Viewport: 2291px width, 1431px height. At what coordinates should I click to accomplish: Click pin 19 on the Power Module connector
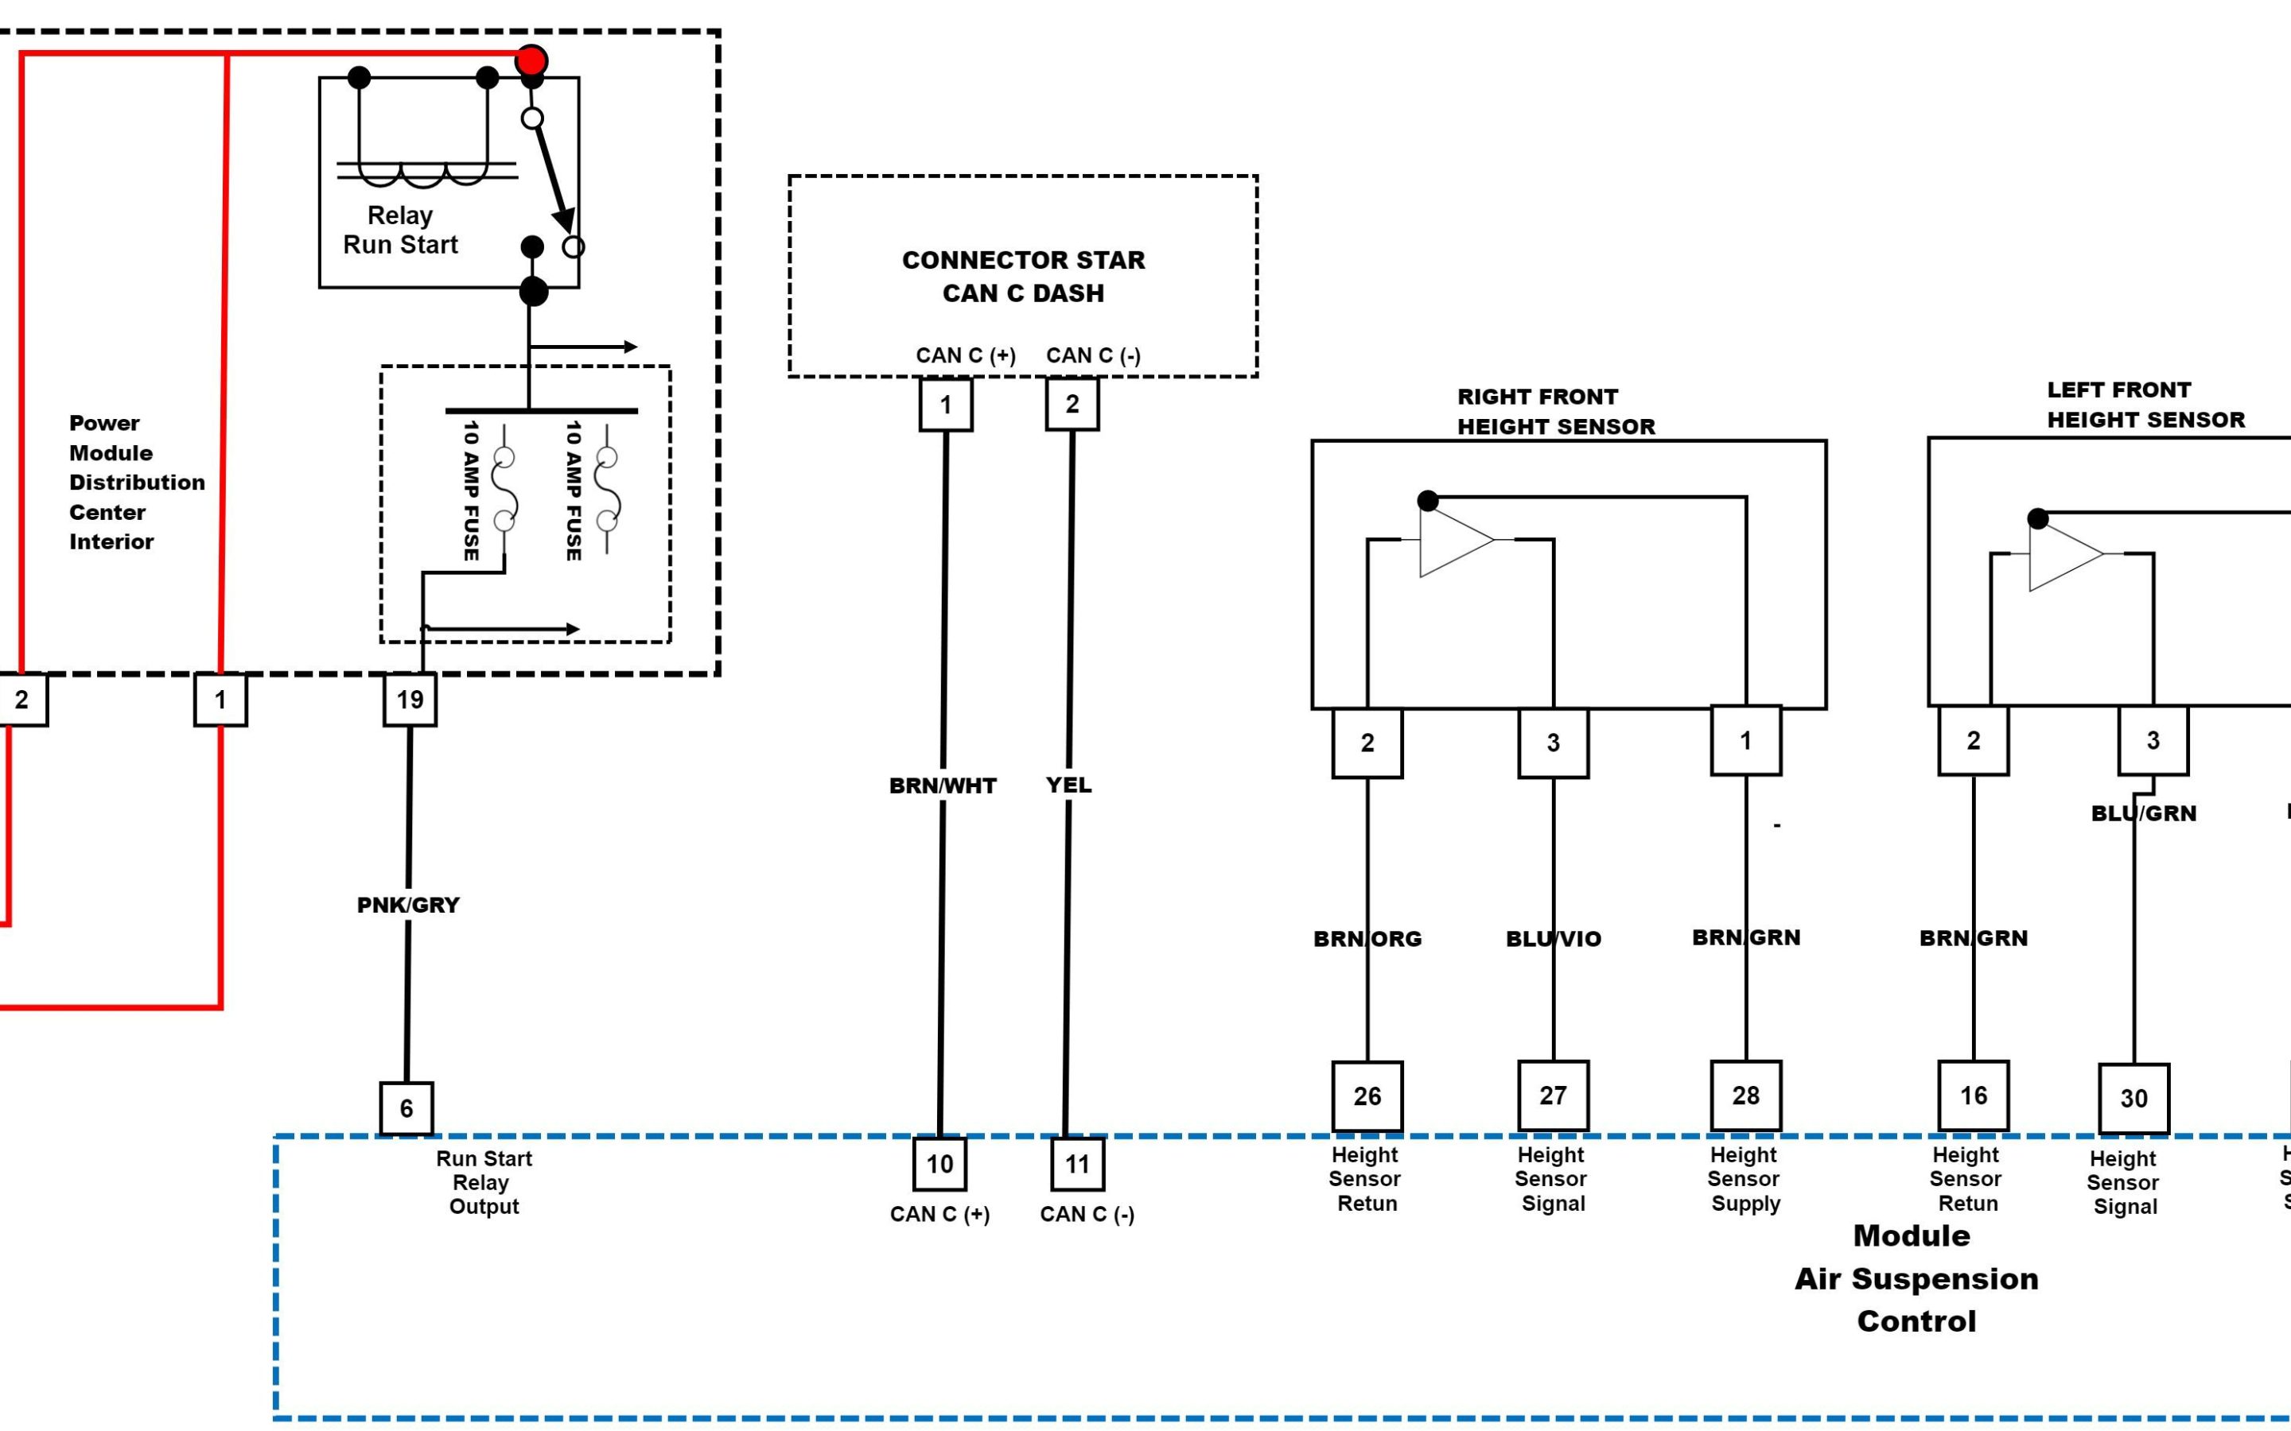click(x=410, y=700)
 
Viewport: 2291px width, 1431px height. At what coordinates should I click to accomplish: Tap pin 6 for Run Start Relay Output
click(x=406, y=1108)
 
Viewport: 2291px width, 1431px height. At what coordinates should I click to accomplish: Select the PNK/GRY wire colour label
click(x=408, y=905)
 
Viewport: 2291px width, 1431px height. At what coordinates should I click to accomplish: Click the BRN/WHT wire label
click(x=942, y=785)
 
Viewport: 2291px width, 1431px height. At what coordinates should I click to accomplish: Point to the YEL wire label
click(x=1069, y=785)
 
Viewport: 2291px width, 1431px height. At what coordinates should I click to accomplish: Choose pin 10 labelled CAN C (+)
click(x=939, y=1163)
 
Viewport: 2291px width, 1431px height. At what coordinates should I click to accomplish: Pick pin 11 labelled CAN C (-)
click(x=1077, y=1164)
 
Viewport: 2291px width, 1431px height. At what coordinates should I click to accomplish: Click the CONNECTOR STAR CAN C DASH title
click(x=1023, y=277)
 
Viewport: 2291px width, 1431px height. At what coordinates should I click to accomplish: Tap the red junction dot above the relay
click(x=531, y=60)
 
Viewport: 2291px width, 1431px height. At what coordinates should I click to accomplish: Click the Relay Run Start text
click(x=400, y=230)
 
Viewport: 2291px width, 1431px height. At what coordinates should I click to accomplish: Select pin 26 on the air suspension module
click(x=1367, y=1096)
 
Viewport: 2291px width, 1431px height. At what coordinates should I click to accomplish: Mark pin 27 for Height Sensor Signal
click(x=1553, y=1095)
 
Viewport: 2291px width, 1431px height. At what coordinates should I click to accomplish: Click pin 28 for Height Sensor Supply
click(x=1746, y=1095)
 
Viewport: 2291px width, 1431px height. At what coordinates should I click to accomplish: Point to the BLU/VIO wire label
click(x=1554, y=939)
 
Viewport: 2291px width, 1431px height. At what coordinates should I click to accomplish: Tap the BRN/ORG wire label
click(x=1367, y=939)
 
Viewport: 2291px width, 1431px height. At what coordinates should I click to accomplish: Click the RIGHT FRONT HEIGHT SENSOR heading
click(x=1555, y=412)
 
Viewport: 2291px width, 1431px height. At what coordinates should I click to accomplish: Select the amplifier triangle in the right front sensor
click(x=1455, y=541)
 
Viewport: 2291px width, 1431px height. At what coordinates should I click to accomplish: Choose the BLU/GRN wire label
click(x=2143, y=813)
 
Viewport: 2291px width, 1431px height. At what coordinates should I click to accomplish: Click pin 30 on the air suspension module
click(x=2133, y=1099)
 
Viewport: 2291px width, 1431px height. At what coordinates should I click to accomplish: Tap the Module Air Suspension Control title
click(x=1916, y=1278)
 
